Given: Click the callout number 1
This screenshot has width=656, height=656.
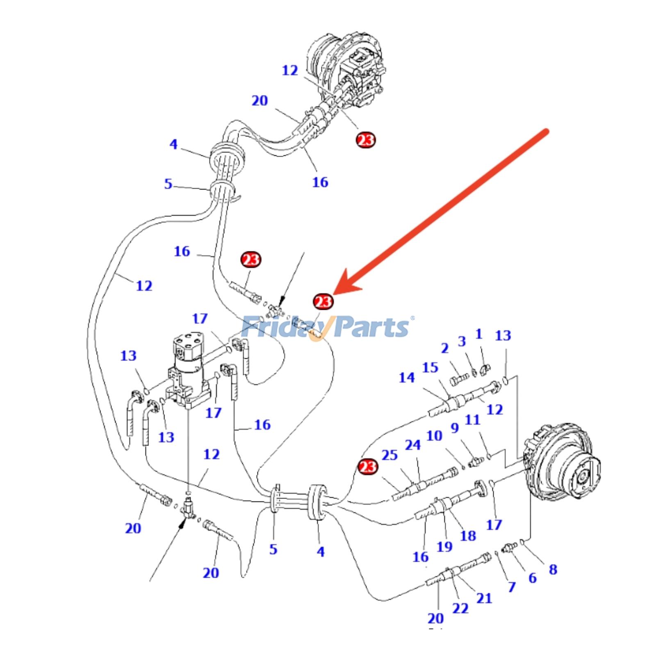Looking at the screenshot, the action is pyautogui.click(x=478, y=334).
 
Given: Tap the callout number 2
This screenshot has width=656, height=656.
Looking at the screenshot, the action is pyautogui.click(x=445, y=348).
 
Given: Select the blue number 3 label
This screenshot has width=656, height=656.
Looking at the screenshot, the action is pyautogui.click(x=462, y=341).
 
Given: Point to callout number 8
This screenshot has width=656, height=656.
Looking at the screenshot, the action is pyautogui.click(x=553, y=569).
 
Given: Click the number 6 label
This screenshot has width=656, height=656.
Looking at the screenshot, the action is pyautogui.click(x=533, y=578).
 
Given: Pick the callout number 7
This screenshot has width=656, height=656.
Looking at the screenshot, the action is pyautogui.click(x=512, y=587).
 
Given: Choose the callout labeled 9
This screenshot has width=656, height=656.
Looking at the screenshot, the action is pyautogui.click(x=455, y=428).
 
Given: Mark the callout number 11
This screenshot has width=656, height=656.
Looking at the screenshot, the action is pyautogui.click(x=472, y=420).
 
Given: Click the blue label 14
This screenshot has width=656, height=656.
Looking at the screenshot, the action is pyautogui.click(x=407, y=378).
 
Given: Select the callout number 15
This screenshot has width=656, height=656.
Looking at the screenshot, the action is pyautogui.click(x=430, y=367).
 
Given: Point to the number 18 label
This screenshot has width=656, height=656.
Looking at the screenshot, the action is pyautogui.click(x=468, y=536).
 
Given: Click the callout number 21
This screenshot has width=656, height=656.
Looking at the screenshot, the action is pyautogui.click(x=484, y=599).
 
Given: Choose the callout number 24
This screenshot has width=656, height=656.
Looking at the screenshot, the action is pyautogui.click(x=413, y=445).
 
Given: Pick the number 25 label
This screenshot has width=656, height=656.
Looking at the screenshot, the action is pyautogui.click(x=389, y=455).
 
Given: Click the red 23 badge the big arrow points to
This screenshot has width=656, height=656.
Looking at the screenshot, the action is pyautogui.click(x=323, y=302).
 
